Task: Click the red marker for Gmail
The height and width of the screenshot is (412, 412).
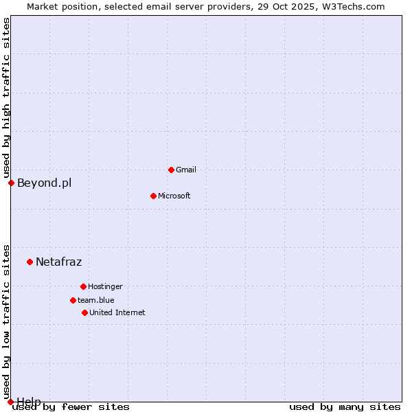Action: (171, 170)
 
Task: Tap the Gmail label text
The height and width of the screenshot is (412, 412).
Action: (186, 170)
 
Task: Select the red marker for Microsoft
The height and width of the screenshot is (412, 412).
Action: (153, 196)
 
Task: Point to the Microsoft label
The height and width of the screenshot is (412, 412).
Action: (174, 196)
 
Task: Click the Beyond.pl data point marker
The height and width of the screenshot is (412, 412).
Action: (11, 183)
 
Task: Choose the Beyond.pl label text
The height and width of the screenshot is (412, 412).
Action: (44, 183)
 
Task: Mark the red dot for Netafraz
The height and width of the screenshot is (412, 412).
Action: (30, 262)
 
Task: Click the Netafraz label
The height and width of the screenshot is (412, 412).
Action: (59, 262)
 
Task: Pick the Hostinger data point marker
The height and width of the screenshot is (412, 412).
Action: (83, 286)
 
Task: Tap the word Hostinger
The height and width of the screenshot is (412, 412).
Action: (105, 286)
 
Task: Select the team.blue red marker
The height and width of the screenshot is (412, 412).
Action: (73, 300)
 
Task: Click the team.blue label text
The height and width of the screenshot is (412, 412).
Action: (96, 300)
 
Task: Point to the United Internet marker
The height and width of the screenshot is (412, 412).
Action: (84, 312)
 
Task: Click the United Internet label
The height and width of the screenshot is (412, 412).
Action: (117, 312)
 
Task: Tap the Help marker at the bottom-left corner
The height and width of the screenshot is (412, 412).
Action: (10, 402)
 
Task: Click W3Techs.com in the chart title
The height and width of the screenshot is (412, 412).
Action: (352, 6)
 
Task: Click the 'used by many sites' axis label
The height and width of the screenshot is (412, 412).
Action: (345, 407)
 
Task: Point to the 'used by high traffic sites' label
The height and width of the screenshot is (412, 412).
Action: (6, 98)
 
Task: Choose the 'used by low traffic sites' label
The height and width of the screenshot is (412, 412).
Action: (6, 321)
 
